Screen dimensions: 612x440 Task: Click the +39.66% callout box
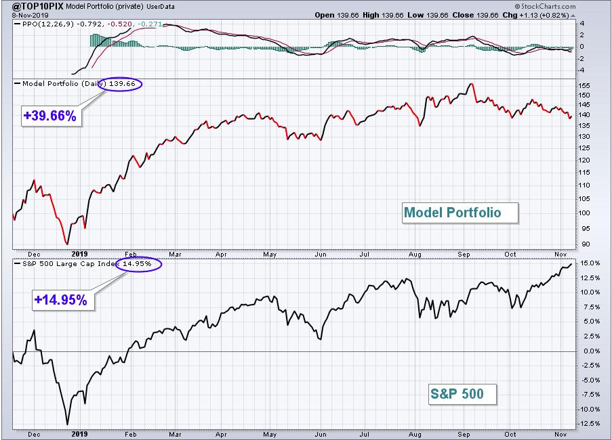[51, 116]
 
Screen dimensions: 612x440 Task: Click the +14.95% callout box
[62, 300]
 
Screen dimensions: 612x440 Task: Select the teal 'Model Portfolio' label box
[460, 213]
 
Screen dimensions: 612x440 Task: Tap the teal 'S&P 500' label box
[462, 394]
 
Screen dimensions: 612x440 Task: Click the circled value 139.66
[122, 83]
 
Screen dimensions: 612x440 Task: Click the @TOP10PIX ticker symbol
[38, 6]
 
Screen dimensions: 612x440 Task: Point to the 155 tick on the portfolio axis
[585, 85]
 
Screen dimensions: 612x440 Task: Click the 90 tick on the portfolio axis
[585, 244]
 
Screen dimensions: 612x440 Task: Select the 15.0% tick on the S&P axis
[590, 263]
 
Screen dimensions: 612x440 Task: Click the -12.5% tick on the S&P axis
[589, 423]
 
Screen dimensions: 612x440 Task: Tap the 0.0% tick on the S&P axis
[591, 351]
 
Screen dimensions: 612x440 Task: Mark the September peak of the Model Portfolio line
[472, 83]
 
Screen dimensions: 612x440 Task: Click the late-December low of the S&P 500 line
[67, 424]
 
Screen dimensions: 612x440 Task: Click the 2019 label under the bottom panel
[79, 434]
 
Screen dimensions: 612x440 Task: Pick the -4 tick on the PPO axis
[582, 70]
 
